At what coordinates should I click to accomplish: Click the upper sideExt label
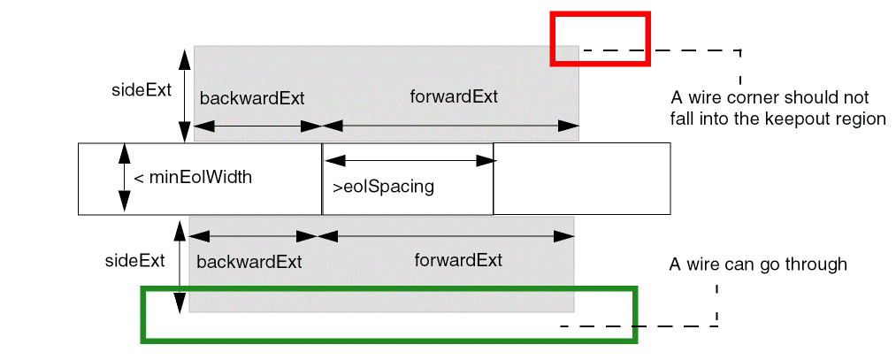141,90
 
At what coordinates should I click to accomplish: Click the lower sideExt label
134,261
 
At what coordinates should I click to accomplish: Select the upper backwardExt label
252,98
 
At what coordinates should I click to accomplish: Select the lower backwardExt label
249,263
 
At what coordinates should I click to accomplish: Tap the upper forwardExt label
454,96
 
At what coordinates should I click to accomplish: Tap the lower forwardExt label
458,260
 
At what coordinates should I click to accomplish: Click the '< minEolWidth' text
193,178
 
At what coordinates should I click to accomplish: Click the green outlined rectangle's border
389,288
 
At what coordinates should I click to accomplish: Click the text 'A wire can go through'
758,264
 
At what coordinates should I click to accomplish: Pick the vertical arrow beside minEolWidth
124,178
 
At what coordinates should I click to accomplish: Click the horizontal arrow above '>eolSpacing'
410,161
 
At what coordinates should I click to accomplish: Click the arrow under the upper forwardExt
449,127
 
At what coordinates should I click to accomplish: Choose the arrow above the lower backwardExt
254,237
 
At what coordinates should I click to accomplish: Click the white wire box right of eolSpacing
580,179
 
